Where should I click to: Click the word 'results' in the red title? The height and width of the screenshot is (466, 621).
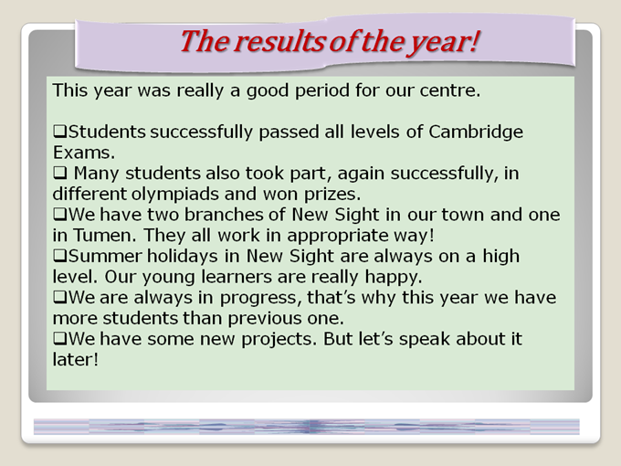click(279, 41)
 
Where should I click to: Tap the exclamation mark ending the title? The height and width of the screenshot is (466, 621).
click(474, 41)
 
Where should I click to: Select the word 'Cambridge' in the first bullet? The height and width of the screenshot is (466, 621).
click(476, 132)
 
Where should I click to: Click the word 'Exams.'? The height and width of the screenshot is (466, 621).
click(84, 153)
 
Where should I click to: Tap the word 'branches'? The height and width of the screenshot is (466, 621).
click(224, 215)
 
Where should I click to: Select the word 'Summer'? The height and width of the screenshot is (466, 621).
click(105, 257)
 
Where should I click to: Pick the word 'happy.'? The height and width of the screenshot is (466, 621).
click(394, 277)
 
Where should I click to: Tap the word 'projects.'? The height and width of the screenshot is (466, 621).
click(279, 340)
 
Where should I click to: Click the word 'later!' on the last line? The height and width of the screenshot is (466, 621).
click(75, 360)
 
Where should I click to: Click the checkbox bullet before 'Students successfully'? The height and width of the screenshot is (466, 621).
click(59, 131)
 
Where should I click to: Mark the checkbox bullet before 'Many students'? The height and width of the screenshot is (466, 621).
click(59, 173)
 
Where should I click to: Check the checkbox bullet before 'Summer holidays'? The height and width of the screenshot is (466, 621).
click(59, 255)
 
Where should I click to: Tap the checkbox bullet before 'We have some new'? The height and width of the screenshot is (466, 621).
click(59, 338)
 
